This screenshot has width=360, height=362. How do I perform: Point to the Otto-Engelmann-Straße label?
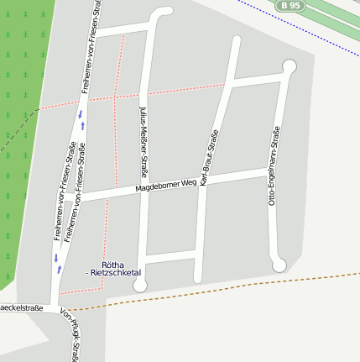click(x=274, y=165)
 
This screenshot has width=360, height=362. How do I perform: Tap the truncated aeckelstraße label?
click(x=20, y=308)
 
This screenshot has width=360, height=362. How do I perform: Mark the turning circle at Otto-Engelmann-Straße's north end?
click(x=290, y=66)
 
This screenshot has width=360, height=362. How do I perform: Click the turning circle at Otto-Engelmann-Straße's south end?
click(x=279, y=265)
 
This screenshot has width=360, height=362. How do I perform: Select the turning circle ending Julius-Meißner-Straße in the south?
click(x=140, y=286)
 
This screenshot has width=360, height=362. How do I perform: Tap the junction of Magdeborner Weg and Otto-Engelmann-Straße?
click(x=271, y=172)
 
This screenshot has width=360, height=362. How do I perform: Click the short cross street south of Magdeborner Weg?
click(x=171, y=254)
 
